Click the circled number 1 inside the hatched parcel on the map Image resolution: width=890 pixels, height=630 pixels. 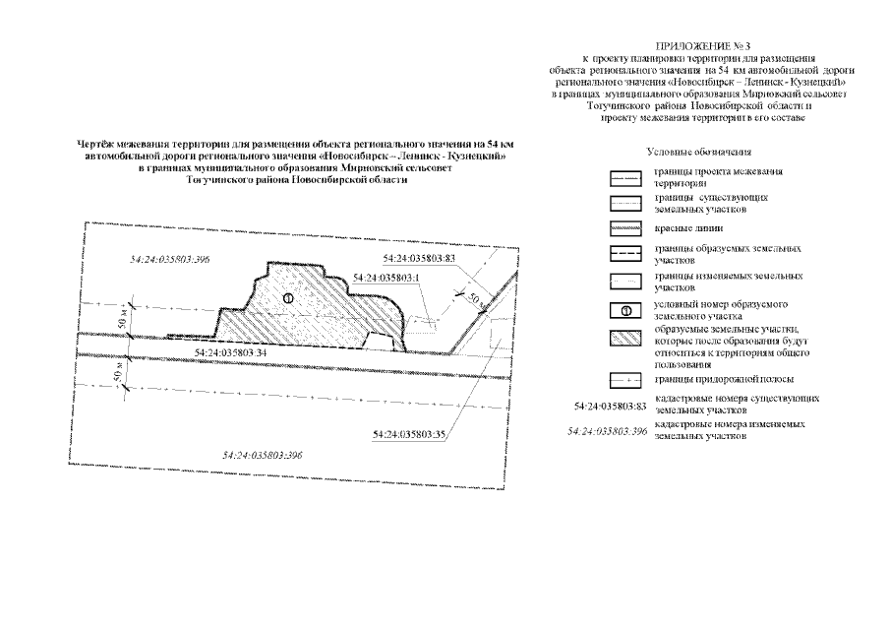click(287, 297)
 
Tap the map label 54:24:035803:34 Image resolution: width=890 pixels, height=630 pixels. click(233, 351)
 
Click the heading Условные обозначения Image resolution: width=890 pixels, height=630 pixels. click(699, 153)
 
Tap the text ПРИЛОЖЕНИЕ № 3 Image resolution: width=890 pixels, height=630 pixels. click(694, 46)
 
